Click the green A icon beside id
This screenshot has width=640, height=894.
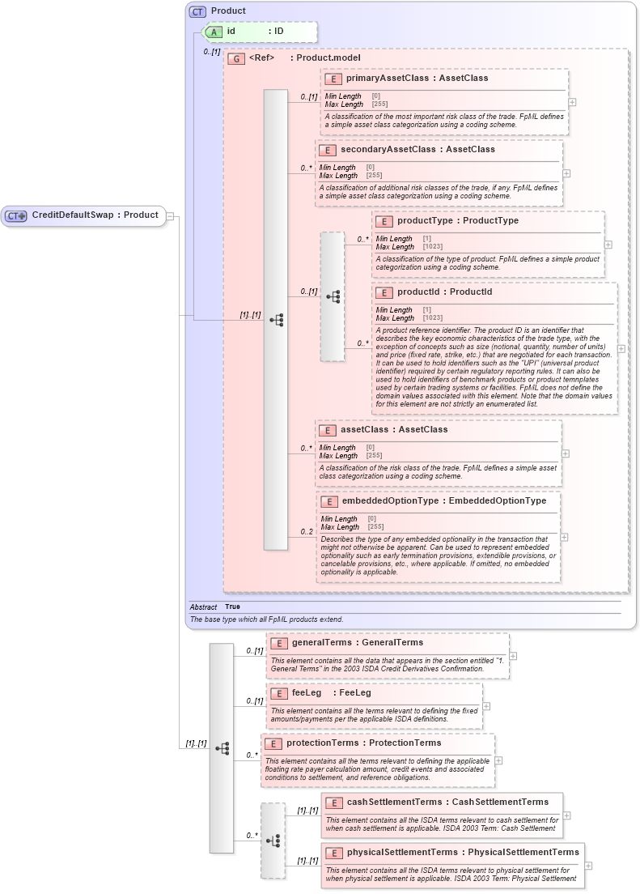pyautogui.click(x=213, y=32)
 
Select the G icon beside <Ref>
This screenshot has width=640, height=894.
pyautogui.click(x=236, y=58)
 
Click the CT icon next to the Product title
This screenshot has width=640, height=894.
pyautogui.click(x=197, y=11)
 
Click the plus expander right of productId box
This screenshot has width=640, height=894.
pyautogui.click(x=621, y=348)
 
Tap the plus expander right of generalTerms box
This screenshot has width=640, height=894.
pyautogui.click(x=513, y=656)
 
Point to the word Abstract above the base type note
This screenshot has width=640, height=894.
pyautogui.click(x=203, y=607)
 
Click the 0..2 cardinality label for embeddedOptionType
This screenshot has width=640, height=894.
pyautogui.click(x=307, y=531)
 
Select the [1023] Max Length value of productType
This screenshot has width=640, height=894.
pyautogui.click(x=434, y=247)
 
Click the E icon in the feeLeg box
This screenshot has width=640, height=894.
pyautogui.click(x=278, y=693)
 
